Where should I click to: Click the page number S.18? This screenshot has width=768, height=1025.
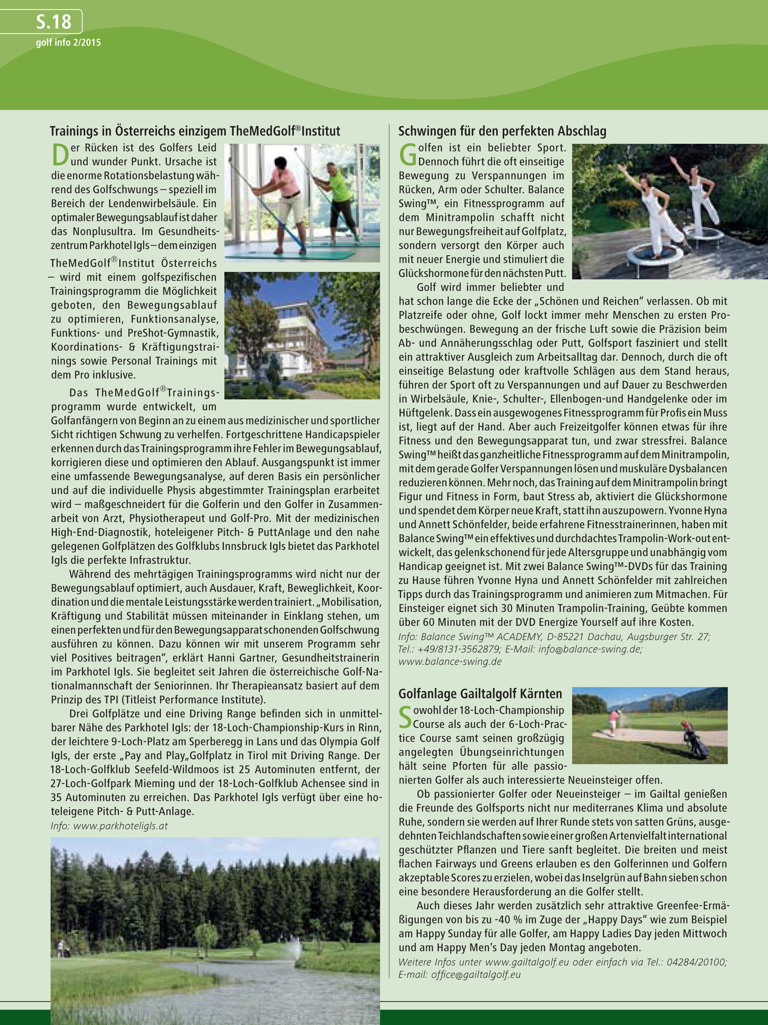click(x=53, y=22)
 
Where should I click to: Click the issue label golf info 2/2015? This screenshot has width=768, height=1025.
click(x=68, y=42)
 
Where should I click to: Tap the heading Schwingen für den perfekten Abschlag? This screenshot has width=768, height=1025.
click(x=502, y=131)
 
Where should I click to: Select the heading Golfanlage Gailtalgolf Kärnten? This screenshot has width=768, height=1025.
click(x=480, y=694)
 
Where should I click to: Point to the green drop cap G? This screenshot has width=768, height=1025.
click(x=408, y=155)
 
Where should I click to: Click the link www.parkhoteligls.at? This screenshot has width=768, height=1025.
click(x=121, y=826)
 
